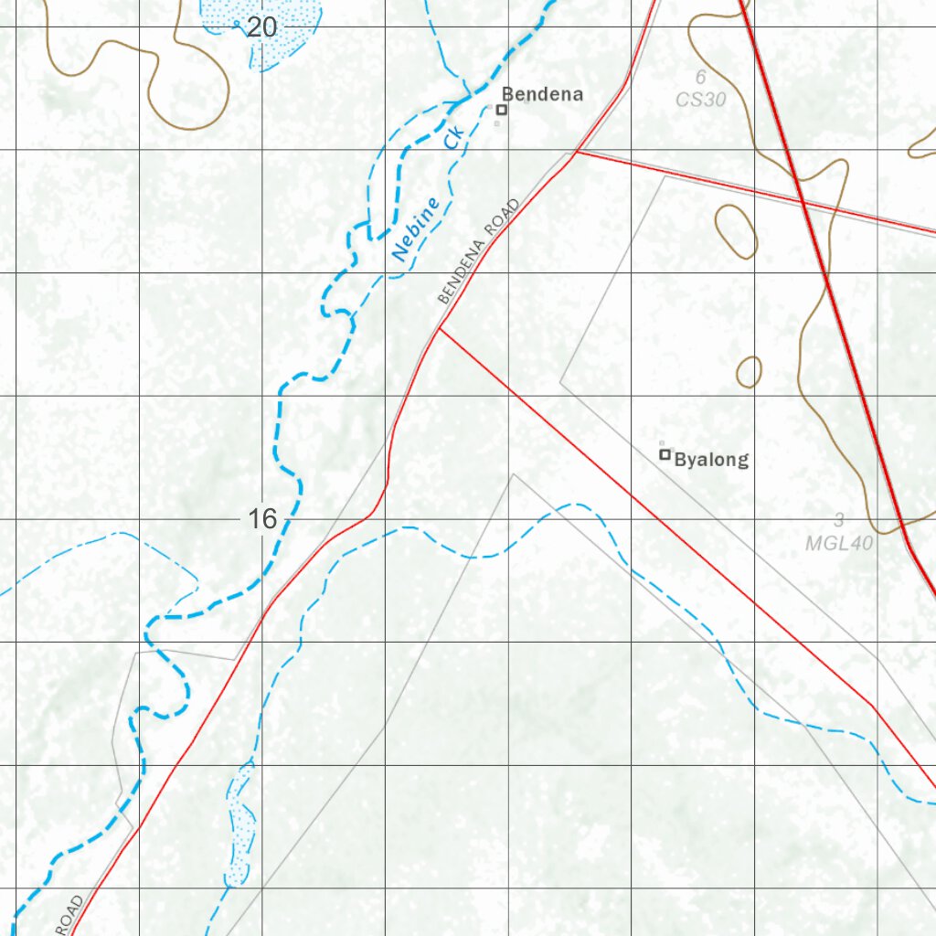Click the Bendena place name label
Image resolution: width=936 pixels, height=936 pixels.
[542, 94]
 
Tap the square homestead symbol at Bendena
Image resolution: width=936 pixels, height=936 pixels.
[501, 110]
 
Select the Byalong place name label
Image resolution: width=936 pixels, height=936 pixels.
[711, 460]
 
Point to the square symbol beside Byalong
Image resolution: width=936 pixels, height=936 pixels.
[665, 454]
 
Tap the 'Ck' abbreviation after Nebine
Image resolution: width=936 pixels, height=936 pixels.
[454, 139]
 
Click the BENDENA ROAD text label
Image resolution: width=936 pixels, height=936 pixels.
[478, 250]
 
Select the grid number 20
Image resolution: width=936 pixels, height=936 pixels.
[261, 28]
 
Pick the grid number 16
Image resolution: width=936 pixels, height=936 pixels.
[261, 520]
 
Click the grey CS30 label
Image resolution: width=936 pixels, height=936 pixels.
[701, 99]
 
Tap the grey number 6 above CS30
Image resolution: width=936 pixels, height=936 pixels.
[701, 78]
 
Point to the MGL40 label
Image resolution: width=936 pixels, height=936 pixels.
[839, 543]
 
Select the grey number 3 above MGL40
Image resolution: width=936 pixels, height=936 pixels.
[838, 521]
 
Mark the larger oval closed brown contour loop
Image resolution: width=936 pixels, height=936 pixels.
[737, 230]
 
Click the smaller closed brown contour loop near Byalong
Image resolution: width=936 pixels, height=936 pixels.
[749, 372]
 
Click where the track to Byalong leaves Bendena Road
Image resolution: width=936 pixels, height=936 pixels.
[440, 328]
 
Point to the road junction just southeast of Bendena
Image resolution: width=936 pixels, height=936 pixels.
[575, 152]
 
